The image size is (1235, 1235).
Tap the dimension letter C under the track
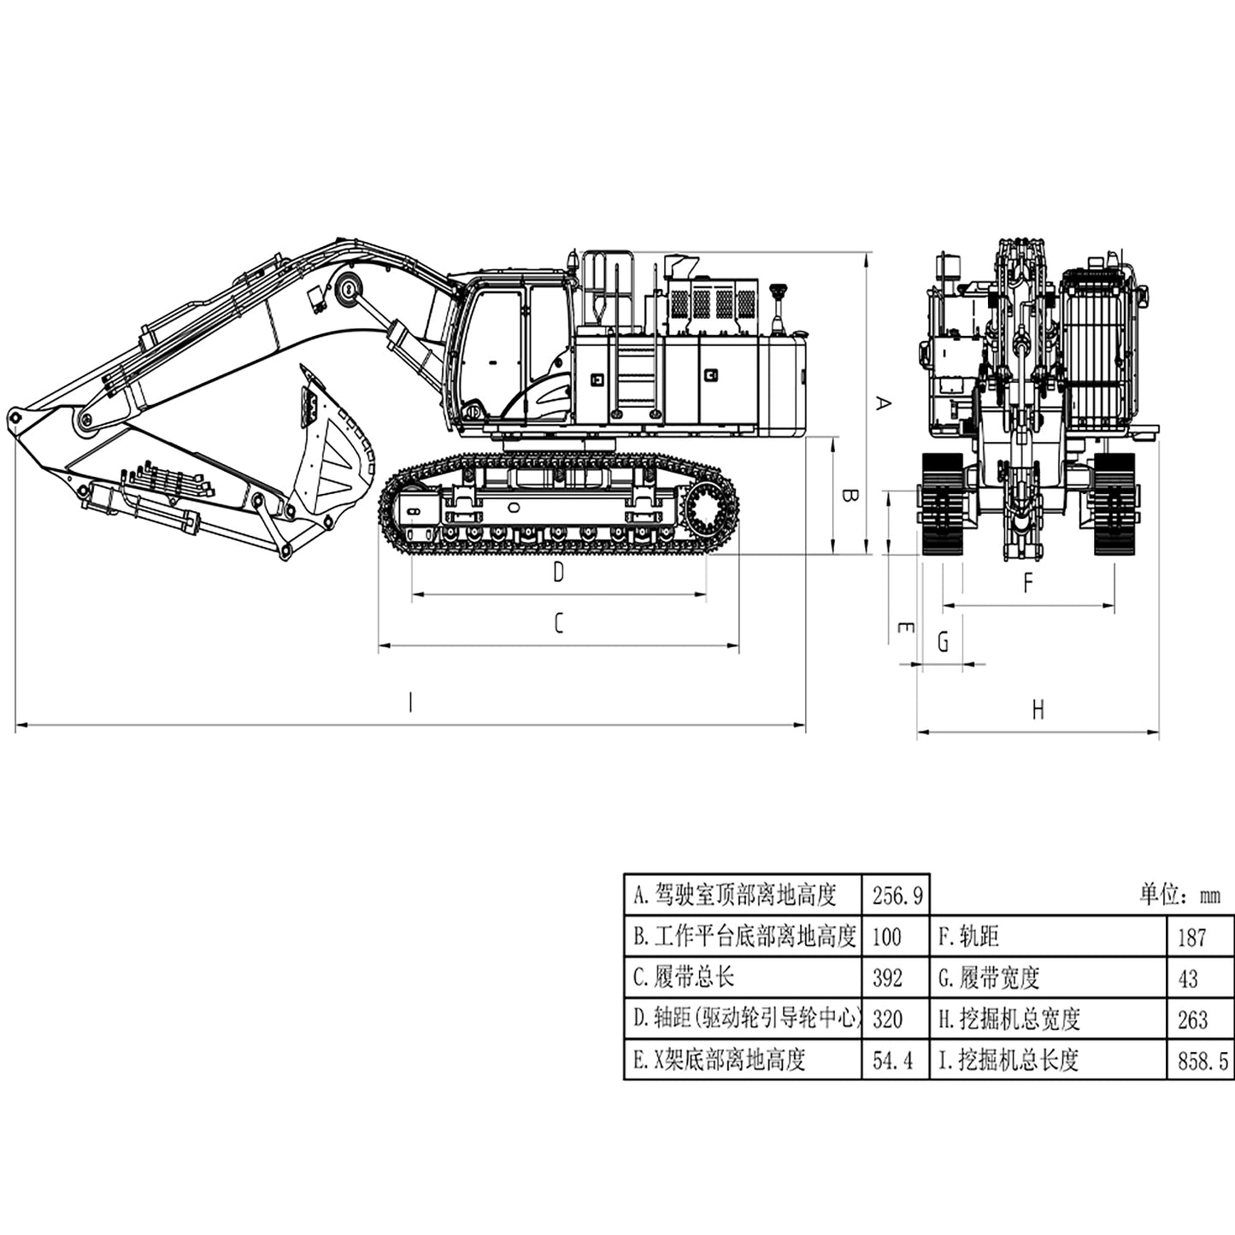pyautogui.click(x=558, y=624)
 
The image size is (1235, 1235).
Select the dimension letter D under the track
pyautogui.click(x=558, y=573)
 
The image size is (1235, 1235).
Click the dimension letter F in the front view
pyautogui.click(x=1028, y=584)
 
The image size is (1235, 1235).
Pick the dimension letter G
pyautogui.click(x=943, y=642)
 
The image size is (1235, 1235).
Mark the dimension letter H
pyautogui.click(x=1038, y=710)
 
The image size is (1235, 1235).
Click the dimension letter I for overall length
pyautogui.click(x=410, y=703)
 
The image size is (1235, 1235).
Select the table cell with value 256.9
pyautogui.click(x=896, y=896)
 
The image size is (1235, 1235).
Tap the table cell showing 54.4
pyautogui.click(x=893, y=1061)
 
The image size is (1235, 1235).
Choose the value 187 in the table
pyautogui.click(x=1191, y=938)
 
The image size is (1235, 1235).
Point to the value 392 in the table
pyautogui.click(x=887, y=978)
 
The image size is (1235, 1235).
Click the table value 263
pyautogui.click(x=1192, y=1020)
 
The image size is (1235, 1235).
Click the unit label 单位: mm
pyautogui.click(x=1179, y=896)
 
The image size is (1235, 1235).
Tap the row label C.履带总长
pyautogui.click(x=684, y=978)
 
